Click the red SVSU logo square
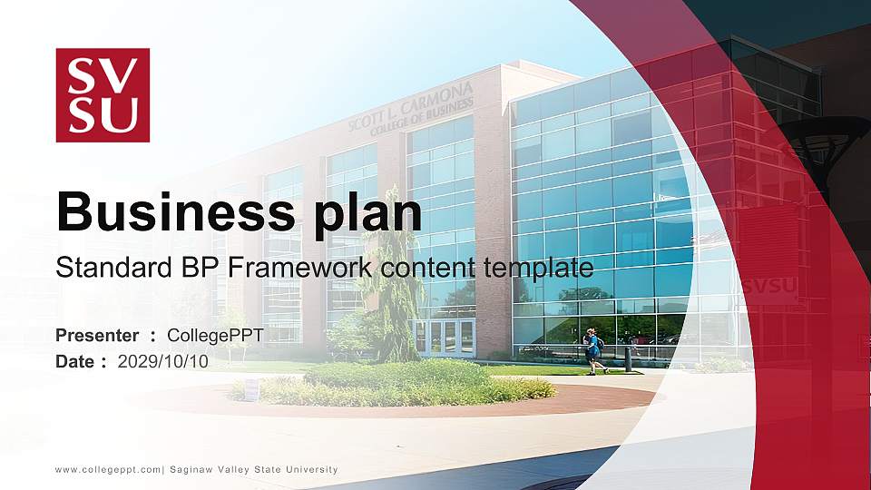pyautogui.click(x=103, y=95)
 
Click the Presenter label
pyautogui.click(x=97, y=336)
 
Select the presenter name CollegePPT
pyautogui.click(x=215, y=336)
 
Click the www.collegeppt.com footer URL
pyautogui.click(x=108, y=469)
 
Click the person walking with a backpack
pyautogui.click(x=593, y=352)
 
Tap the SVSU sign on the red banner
pyautogui.click(x=769, y=286)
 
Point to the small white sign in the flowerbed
pyautogui.click(x=251, y=388)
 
